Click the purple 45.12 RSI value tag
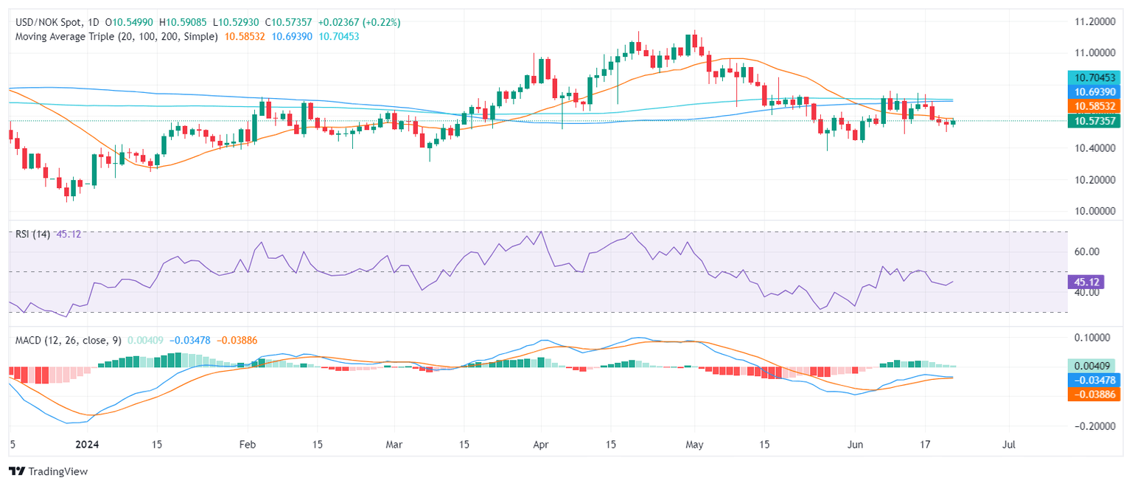coord(1084,282)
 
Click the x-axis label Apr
coord(541,445)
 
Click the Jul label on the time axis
coord(1009,445)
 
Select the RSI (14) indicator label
coord(32,234)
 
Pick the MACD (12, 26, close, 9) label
coord(67,340)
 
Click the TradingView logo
coord(48,471)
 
